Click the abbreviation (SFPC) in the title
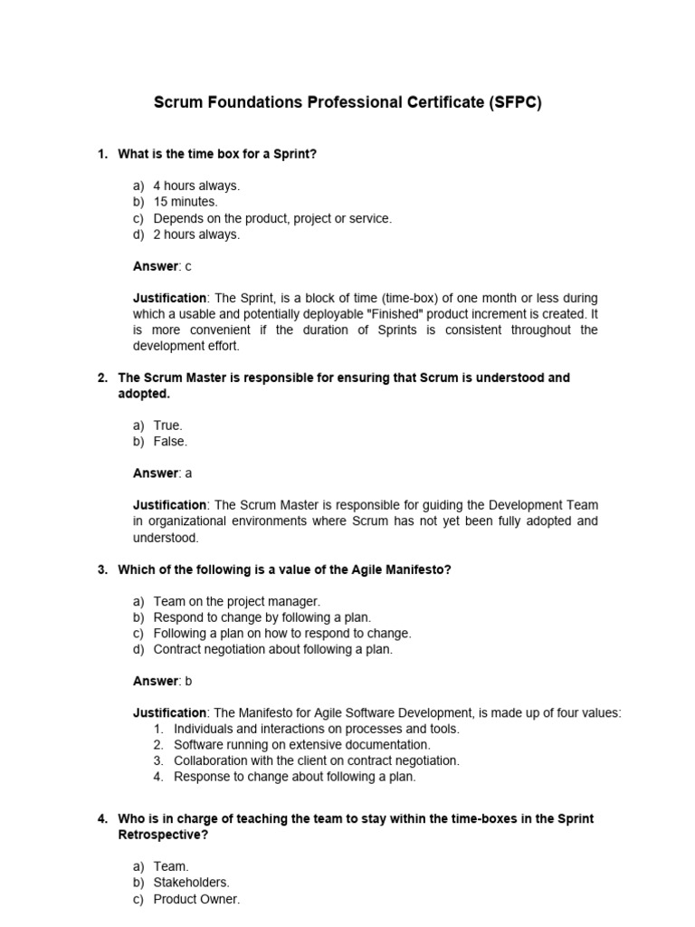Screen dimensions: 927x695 514,103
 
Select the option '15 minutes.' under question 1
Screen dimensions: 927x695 185,202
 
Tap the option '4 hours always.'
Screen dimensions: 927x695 196,186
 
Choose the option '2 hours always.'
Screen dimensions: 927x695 196,234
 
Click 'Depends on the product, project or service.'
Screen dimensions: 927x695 272,218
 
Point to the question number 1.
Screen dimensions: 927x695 102,154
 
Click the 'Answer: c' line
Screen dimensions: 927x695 163,266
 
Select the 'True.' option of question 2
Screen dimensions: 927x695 168,425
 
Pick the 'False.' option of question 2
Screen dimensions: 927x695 170,442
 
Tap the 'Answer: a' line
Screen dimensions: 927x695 163,473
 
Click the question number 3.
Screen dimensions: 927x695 102,569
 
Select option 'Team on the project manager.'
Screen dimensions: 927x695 237,601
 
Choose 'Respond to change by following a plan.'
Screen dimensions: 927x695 262,617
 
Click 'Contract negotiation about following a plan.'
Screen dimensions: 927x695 273,649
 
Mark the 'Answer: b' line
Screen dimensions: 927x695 163,681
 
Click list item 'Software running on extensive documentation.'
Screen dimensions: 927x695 302,744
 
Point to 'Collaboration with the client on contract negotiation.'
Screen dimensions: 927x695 317,760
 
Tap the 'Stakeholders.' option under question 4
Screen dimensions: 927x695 192,883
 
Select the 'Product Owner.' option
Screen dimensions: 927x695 196,899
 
